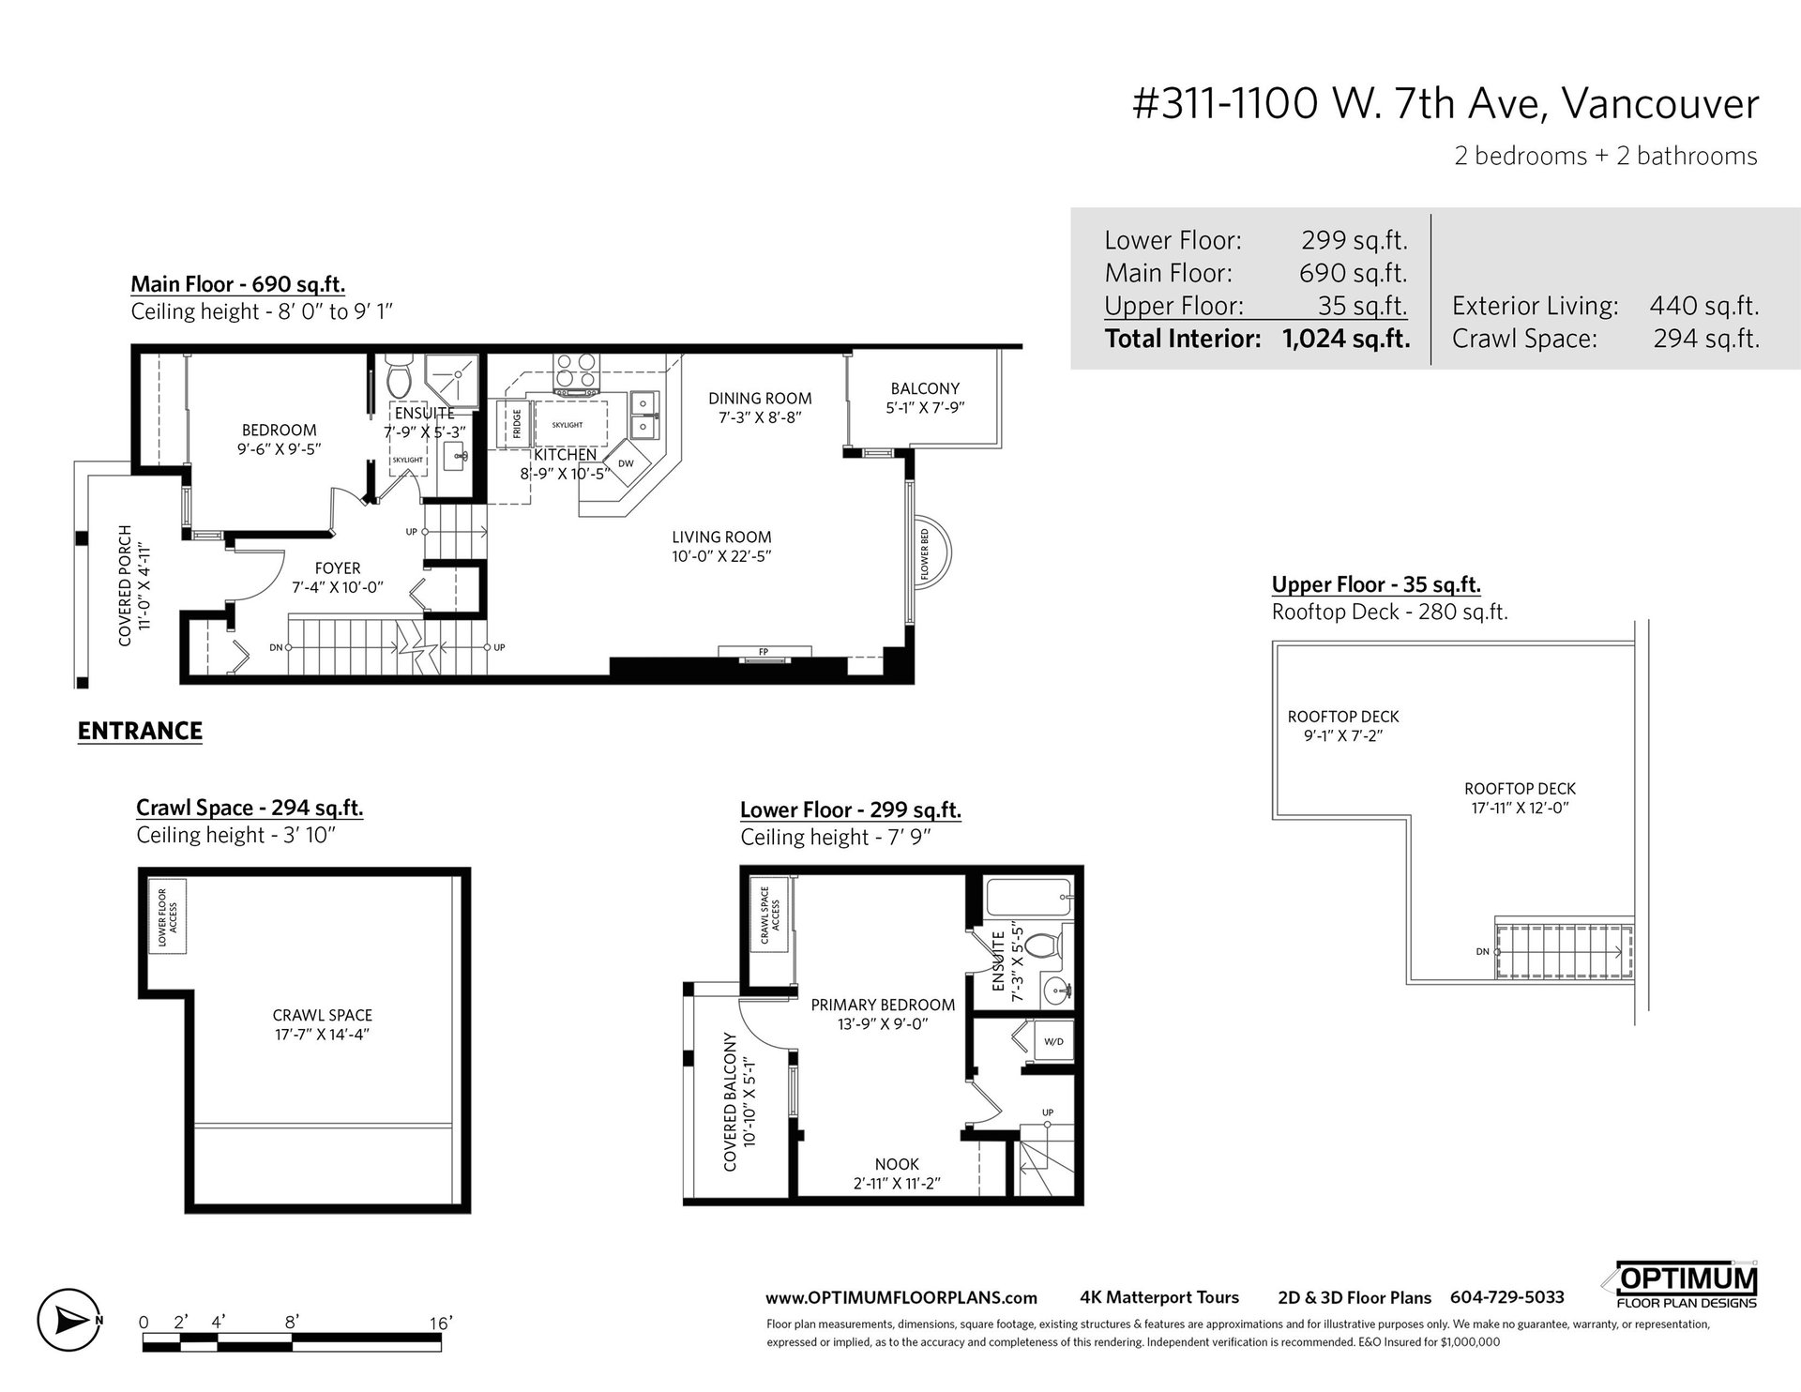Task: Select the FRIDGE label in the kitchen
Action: [517, 424]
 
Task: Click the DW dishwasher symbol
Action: [626, 463]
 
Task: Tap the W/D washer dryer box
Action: [1053, 1041]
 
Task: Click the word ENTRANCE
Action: [140, 731]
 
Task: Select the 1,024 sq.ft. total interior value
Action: [1346, 339]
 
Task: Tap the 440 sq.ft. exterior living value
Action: [1704, 306]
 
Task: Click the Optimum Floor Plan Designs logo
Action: [1687, 1284]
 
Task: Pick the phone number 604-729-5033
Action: [1507, 1297]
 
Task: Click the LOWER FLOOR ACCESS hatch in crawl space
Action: [169, 915]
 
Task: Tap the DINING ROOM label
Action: [760, 399]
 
